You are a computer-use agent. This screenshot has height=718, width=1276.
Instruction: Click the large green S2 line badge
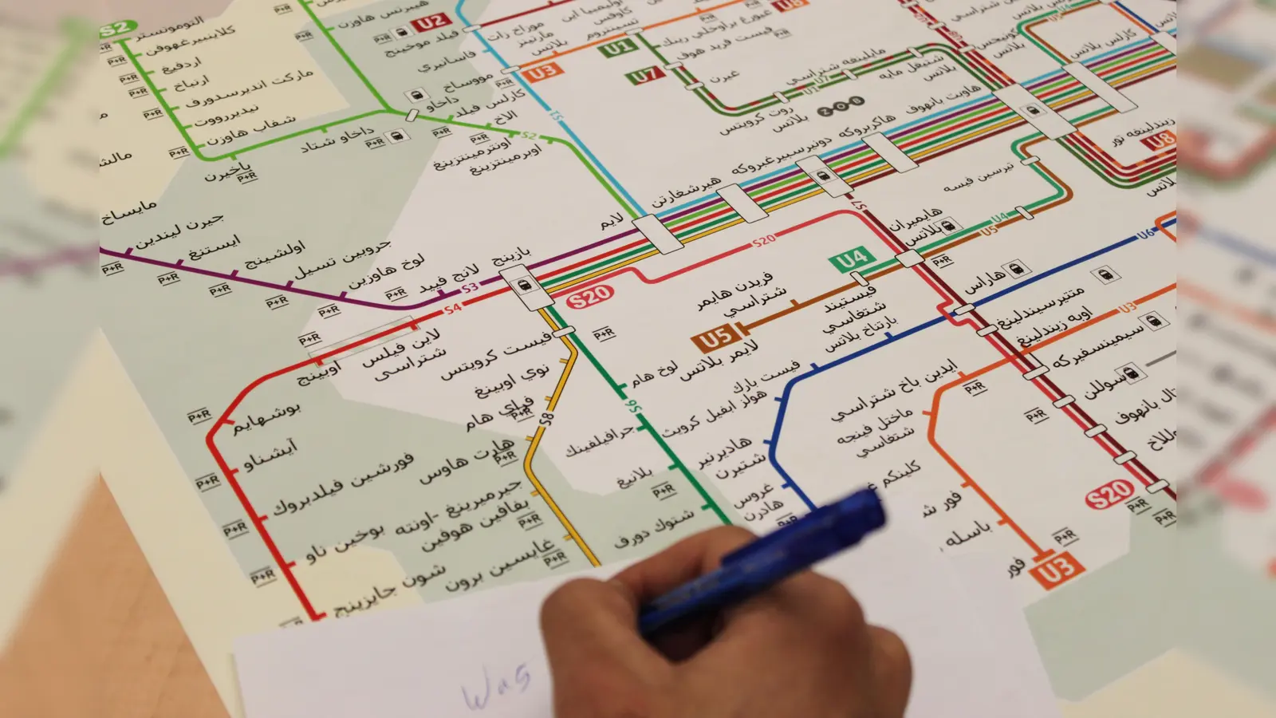click(114, 30)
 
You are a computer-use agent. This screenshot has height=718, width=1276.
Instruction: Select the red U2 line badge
click(431, 22)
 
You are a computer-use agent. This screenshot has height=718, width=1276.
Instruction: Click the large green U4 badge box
click(851, 259)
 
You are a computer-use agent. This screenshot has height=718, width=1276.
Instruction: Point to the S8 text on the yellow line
click(546, 418)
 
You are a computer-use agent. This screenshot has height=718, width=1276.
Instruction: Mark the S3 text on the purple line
click(470, 287)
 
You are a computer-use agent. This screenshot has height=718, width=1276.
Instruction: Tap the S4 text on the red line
click(453, 307)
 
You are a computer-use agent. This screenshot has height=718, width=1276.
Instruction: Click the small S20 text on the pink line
click(763, 240)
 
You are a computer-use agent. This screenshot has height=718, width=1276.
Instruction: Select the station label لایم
click(612, 222)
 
